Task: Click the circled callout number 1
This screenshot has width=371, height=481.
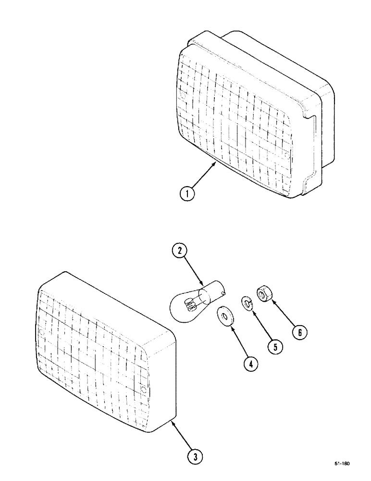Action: click(188, 194)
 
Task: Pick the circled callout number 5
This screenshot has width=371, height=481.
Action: click(275, 347)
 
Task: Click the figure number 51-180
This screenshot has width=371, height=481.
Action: click(342, 463)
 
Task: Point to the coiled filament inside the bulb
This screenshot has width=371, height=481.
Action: click(191, 303)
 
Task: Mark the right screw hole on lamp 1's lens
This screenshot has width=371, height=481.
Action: click(286, 155)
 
